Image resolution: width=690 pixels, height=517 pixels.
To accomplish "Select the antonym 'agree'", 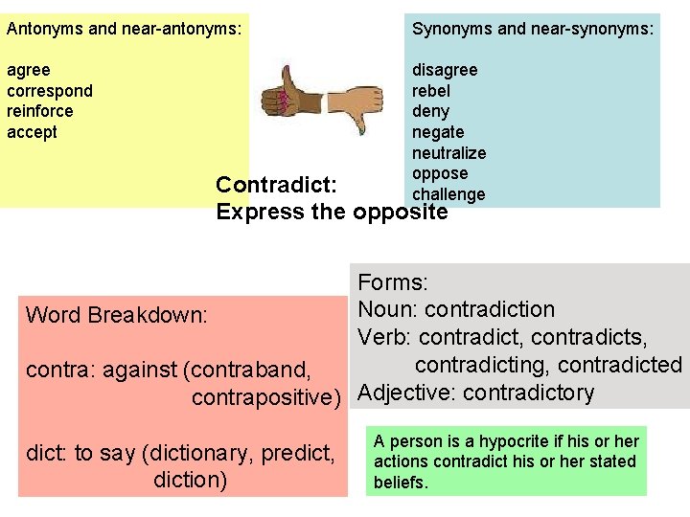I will tap(29, 70).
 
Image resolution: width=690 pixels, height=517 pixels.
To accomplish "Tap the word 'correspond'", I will tap(50, 91).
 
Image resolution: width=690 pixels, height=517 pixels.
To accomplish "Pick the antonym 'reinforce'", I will tap(40, 111).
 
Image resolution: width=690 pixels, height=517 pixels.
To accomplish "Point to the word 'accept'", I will tap(32, 132).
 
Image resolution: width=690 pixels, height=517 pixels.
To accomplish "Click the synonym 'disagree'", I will tap(445, 70).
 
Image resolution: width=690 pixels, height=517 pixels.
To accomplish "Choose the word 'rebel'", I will tap(431, 91).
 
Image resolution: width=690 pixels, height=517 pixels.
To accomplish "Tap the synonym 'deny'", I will tap(430, 111).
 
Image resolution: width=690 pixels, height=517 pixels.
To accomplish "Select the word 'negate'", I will tap(438, 132).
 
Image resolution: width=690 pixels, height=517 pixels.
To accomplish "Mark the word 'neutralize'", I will tap(448, 153).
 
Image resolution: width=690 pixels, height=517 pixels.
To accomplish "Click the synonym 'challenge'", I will tap(448, 194).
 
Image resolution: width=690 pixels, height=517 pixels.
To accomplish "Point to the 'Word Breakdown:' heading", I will tap(116, 315).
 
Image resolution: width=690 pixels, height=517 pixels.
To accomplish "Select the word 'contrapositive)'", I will tap(266, 396).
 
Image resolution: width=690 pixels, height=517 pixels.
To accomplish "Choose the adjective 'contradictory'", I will tap(528, 393).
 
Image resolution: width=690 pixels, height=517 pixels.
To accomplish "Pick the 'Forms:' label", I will tap(393, 282).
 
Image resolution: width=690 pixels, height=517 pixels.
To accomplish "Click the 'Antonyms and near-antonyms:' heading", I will tap(124, 29).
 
